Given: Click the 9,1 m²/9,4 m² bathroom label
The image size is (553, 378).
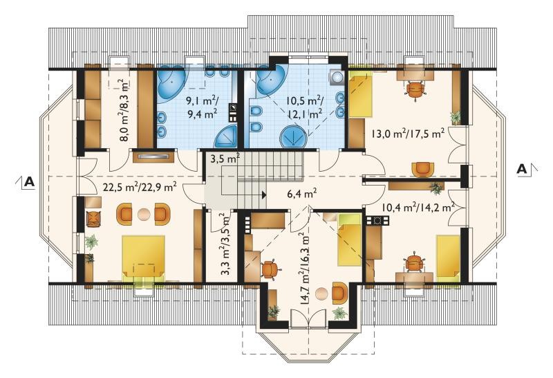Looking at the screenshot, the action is click(x=202, y=107).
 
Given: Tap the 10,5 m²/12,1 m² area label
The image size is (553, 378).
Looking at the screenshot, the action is click(x=305, y=107).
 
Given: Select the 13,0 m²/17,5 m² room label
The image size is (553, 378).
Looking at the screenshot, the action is click(x=407, y=134).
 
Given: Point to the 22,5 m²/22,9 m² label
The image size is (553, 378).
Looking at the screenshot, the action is click(x=140, y=186).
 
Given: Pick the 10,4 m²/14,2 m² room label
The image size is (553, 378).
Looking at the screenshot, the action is click(x=418, y=207).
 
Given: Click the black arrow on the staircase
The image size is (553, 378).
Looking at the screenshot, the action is click(x=263, y=194).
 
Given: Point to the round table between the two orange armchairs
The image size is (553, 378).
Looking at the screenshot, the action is click(x=144, y=214).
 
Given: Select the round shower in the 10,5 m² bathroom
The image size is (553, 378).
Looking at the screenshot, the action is click(x=292, y=136).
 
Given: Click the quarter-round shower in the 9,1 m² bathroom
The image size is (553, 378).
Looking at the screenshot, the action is click(x=226, y=136).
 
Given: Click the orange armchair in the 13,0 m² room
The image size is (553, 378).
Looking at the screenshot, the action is click(x=423, y=170).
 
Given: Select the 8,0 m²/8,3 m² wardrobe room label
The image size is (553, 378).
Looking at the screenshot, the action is click(x=124, y=111).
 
